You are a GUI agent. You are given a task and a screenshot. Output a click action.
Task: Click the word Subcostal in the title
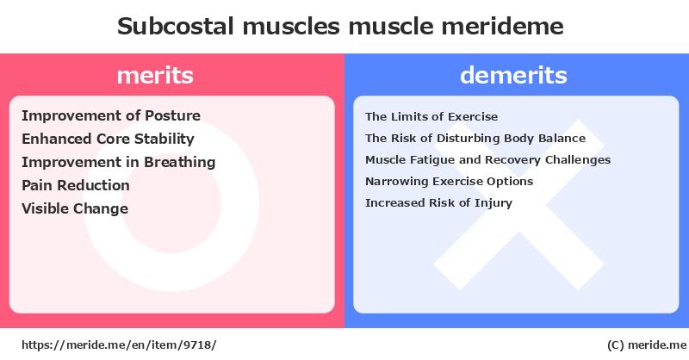point(176,26)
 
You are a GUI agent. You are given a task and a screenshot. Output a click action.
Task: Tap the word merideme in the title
point(502,26)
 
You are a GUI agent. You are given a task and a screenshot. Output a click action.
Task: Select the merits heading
point(155,75)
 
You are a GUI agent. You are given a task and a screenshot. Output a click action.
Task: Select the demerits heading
point(513,75)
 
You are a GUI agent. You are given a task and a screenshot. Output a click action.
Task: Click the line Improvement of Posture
point(111,115)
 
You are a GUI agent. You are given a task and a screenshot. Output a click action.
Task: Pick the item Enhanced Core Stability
point(109,139)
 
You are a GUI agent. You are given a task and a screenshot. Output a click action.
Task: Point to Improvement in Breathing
point(119,162)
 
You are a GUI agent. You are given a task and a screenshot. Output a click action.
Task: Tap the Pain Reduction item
point(76,185)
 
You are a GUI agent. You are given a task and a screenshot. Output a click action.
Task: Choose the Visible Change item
point(75,208)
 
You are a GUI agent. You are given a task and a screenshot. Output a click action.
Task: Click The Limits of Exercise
point(431,116)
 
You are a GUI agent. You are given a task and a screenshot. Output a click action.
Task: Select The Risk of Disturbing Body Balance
point(475,138)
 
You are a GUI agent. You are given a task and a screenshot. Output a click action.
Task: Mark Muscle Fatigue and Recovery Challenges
point(487,159)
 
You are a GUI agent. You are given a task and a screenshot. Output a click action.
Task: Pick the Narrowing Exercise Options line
point(449,181)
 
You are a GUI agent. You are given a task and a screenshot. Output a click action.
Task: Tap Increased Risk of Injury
point(438,202)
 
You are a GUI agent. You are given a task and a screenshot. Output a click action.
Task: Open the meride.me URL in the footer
point(119,345)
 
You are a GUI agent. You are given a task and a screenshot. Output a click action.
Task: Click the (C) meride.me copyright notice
point(647,345)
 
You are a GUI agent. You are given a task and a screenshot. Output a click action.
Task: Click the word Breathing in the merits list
point(180,162)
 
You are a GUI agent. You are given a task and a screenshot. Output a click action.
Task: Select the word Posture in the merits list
point(173,115)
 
